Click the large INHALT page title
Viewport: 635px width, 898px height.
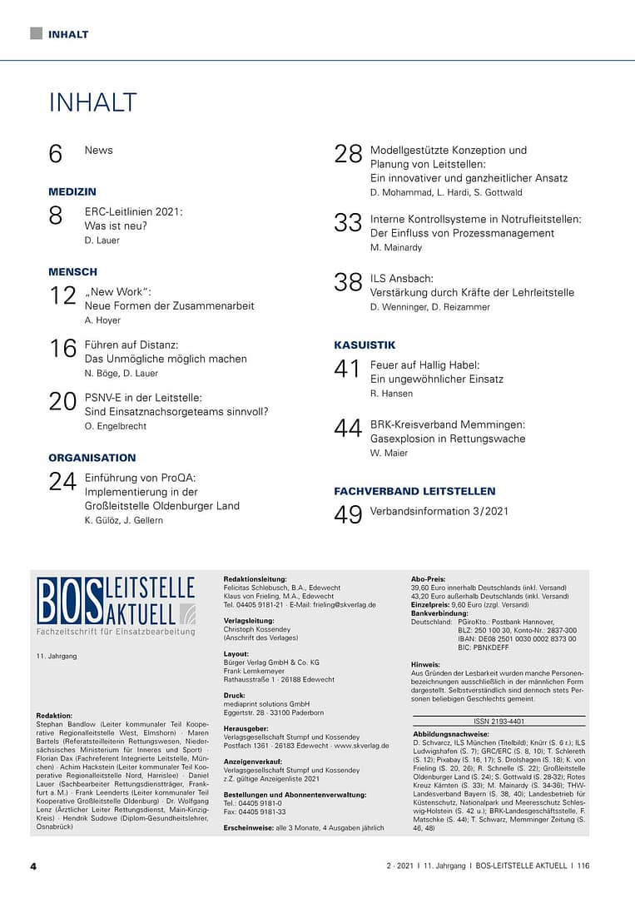(92, 102)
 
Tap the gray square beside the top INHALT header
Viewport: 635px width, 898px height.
(36, 33)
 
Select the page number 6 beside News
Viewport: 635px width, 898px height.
(56, 154)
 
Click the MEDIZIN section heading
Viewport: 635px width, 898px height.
(72, 191)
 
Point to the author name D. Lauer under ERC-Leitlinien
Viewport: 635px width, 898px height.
(102, 241)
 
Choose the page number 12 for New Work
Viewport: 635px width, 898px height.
(62, 295)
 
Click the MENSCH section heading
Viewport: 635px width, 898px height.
(72, 271)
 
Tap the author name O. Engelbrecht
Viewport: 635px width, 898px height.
(116, 426)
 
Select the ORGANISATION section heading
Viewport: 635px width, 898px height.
(92, 458)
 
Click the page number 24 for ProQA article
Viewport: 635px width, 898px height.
(62, 482)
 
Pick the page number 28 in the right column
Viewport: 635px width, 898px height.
(349, 154)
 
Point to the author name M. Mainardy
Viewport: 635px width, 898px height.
(396, 248)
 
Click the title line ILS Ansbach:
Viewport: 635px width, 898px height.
(402, 278)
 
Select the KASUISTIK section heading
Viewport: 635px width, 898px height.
(365, 345)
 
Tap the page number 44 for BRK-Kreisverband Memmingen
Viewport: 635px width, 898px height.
(349, 429)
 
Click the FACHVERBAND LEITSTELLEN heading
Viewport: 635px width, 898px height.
(414, 491)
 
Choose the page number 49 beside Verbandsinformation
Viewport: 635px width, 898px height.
(349, 515)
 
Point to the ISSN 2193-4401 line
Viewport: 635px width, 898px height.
(499, 722)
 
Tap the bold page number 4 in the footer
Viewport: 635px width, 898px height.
(33, 866)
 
